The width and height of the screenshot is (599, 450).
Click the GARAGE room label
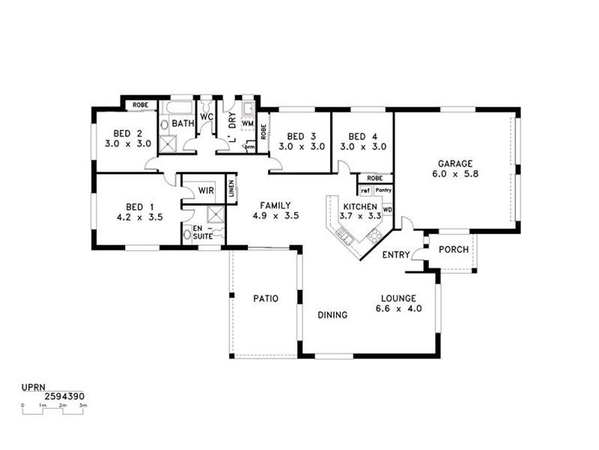pyautogui.click(x=455, y=163)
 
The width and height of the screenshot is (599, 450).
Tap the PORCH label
pyautogui.click(x=453, y=250)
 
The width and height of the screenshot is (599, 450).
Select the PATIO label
pyautogui.click(x=266, y=298)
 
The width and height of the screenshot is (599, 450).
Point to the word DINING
pyautogui.click(x=332, y=316)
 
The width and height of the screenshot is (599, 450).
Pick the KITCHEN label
pyautogui.click(x=360, y=206)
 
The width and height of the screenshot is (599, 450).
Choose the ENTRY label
pyautogui.click(x=395, y=255)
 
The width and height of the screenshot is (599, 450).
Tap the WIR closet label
pyautogui.click(x=207, y=190)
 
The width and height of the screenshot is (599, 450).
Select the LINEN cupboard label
pyautogui.click(x=231, y=190)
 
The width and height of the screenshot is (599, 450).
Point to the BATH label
pyautogui.click(x=183, y=122)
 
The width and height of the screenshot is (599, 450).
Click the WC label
pyautogui.click(x=207, y=117)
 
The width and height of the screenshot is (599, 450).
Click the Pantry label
pyautogui.click(x=383, y=190)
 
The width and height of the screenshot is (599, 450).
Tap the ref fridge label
pyautogui.click(x=365, y=190)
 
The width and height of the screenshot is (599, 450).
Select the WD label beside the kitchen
pyautogui.click(x=387, y=210)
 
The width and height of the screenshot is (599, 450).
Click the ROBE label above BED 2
pyautogui.click(x=140, y=105)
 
